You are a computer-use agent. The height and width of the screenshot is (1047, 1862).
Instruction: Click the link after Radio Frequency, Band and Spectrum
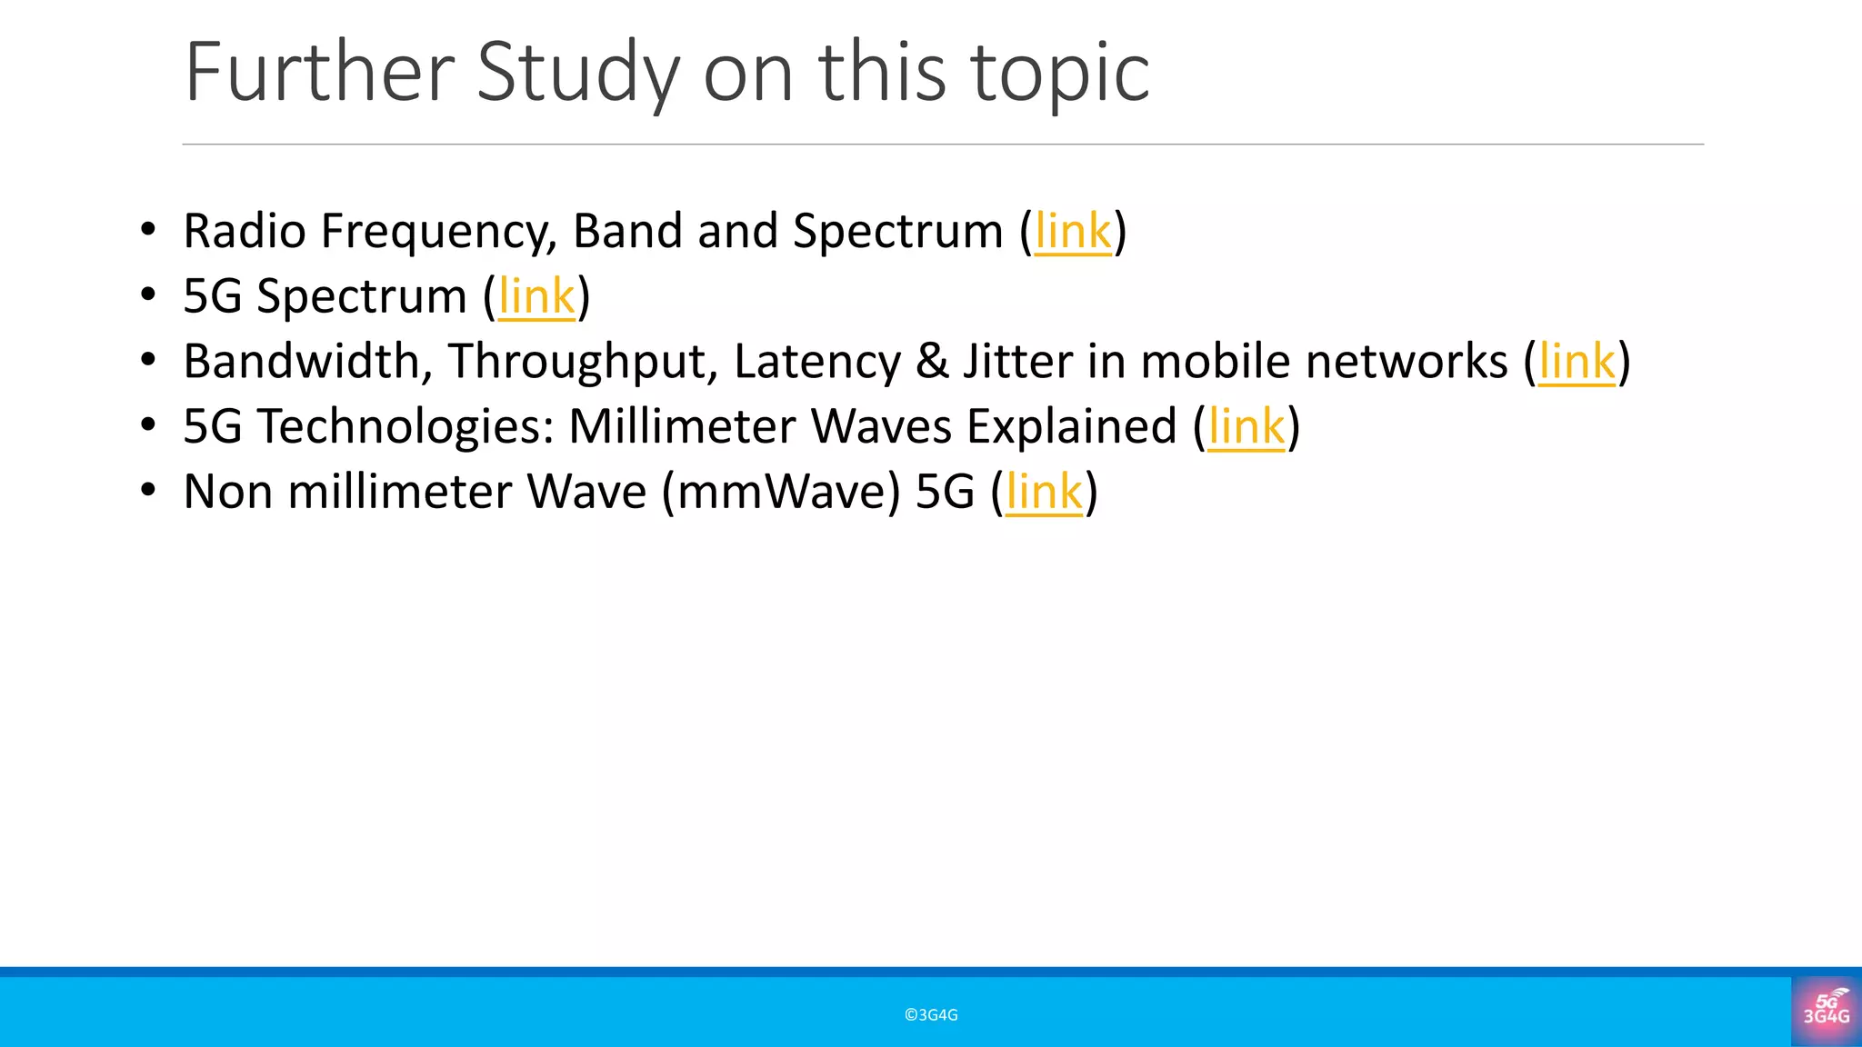1073,232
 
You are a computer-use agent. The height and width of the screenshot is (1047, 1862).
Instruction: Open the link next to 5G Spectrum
536,297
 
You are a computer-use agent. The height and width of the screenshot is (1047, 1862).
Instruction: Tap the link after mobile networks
1577,362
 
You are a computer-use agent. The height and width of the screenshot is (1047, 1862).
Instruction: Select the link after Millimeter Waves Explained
1246,427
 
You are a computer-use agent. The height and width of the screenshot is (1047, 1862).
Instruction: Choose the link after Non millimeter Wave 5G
1044,493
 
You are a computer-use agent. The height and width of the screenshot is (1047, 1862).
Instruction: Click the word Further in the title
319,73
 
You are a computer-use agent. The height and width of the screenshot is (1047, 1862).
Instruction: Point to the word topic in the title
1060,73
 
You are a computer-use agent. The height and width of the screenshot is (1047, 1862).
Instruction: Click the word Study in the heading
576,73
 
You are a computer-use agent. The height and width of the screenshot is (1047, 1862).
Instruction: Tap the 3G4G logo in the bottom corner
1826,1011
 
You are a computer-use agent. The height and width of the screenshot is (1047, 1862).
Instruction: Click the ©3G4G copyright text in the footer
931,1015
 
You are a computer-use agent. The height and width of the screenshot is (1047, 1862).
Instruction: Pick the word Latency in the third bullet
816,362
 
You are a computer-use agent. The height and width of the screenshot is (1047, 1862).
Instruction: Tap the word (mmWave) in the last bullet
780,493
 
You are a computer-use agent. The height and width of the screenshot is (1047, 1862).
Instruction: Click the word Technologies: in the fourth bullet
405,427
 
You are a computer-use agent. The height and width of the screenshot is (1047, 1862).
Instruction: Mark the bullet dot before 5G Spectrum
148,294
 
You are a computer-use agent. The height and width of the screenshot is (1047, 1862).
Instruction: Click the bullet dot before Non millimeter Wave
148,491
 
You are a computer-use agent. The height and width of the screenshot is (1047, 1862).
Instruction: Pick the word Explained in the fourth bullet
1071,427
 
